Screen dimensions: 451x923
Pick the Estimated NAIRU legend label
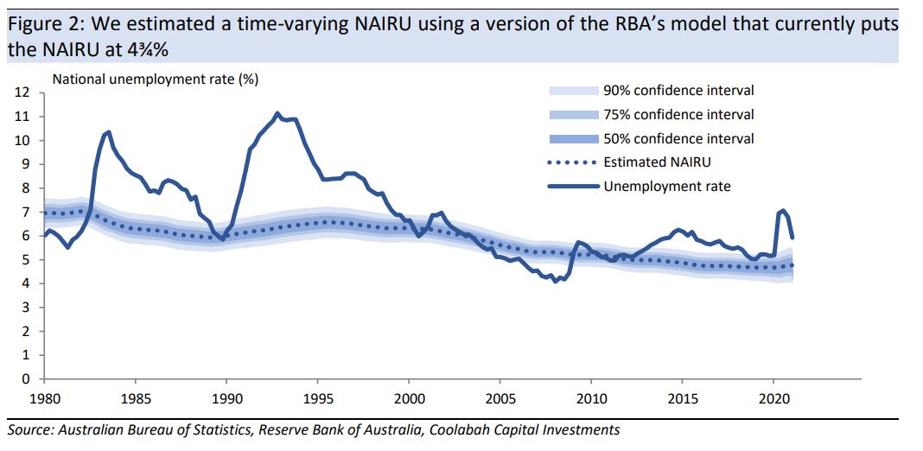coord(659,162)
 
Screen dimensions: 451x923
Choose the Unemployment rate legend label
coord(667,186)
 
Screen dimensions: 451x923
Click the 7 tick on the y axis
coord(25,213)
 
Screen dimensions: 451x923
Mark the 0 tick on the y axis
coord(25,379)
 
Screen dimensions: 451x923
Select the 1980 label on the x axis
coord(44,399)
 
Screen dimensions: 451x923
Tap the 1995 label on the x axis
coord(317,399)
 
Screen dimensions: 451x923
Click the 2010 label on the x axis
coord(591,399)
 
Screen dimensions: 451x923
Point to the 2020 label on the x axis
coord(773,399)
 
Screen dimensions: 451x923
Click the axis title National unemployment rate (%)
coord(156,79)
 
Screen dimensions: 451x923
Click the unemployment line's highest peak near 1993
coord(277,113)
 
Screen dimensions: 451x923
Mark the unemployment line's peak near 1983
coord(107,132)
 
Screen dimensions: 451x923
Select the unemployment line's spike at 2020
coord(782,211)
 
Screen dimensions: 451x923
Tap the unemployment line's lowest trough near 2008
coord(555,281)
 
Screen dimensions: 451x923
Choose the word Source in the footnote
coord(29,429)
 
